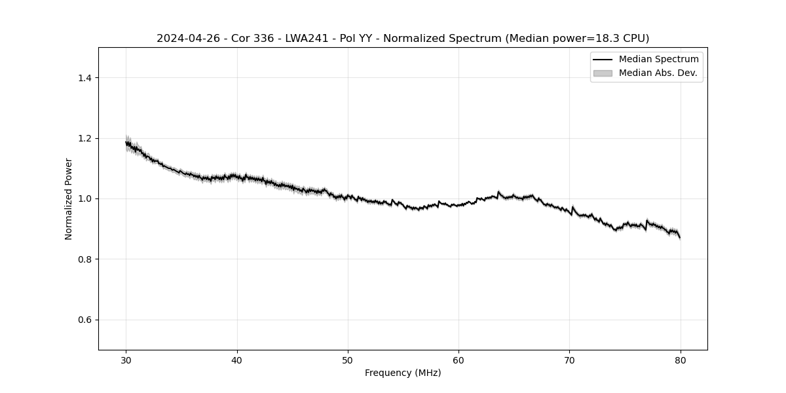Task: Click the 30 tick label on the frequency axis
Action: pos(126,360)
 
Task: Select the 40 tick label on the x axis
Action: pos(237,360)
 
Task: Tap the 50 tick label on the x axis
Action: pos(348,360)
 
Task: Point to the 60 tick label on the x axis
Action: pos(458,360)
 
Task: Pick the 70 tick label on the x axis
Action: pos(570,360)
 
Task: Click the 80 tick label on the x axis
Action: pos(681,360)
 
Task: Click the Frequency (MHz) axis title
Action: pos(403,373)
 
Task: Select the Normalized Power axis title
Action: pos(69,198)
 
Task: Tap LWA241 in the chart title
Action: pos(307,39)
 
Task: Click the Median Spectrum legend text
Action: pos(658,60)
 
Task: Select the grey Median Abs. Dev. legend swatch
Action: pos(603,73)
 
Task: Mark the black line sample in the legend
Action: pos(603,60)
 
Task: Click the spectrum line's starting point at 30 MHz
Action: pos(126,142)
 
